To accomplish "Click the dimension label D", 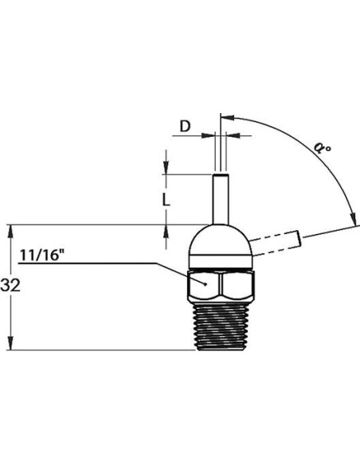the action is click(185, 127).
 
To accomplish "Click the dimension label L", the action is click(166, 201).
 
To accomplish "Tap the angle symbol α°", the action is click(322, 147).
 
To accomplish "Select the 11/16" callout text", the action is click(41, 255).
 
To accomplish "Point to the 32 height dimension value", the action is click(10, 286).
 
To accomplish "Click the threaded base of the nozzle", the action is click(221, 326).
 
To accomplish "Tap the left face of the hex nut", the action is click(204, 285).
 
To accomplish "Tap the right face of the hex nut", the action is click(237, 285).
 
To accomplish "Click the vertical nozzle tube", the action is click(221, 199).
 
